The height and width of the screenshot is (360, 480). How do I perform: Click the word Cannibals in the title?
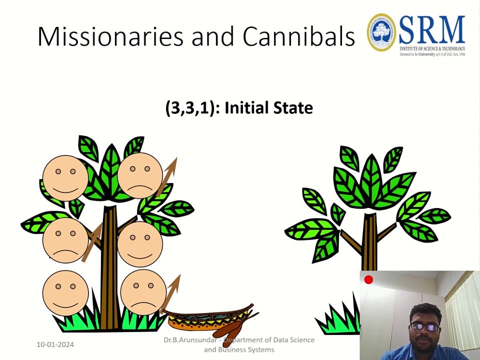[x=298, y=36]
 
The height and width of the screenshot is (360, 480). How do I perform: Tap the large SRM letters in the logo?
[x=432, y=30]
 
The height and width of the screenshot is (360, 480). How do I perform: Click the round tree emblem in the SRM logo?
[x=382, y=32]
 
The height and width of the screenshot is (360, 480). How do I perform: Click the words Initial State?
[x=268, y=108]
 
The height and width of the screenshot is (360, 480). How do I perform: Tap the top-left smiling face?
[x=65, y=178]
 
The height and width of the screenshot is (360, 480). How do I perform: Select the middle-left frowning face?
[x=65, y=239]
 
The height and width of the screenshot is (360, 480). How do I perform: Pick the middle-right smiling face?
[x=140, y=244]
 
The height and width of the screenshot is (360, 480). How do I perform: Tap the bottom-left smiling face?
[x=65, y=293]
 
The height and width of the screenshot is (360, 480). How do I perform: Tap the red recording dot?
[x=368, y=280]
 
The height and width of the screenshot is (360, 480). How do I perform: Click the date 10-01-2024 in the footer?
[x=55, y=344]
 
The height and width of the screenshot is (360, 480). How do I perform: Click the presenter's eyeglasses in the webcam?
[x=425, y=326]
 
